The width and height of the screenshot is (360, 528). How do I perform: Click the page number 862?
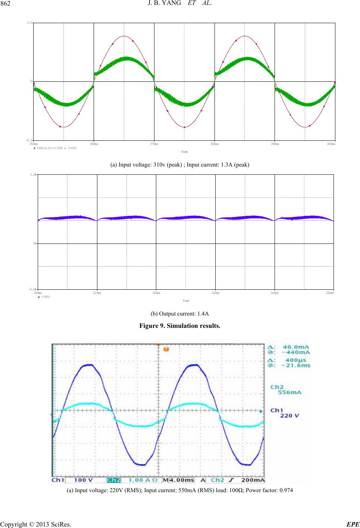(7, 4)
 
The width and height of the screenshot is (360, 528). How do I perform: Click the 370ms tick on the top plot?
(154, 143)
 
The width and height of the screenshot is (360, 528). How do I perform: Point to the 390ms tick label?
(275, 143)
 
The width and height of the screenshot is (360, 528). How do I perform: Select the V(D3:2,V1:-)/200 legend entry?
(48, 147)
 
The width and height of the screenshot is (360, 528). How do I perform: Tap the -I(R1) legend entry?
(45, 296)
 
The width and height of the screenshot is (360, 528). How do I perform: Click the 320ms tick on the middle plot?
(156, 293)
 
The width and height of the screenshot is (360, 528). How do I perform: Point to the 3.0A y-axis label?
(33, 174)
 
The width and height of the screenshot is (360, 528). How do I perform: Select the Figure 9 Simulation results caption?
(180, 326)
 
